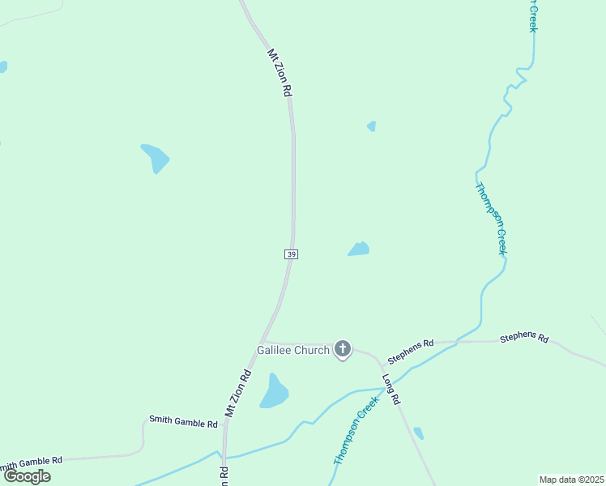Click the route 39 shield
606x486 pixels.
(x=292, y=254)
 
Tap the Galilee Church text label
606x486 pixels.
(x=293, y=351)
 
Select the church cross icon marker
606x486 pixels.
(x=343, y=349)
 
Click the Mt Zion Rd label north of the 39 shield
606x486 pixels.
(x=279, y=73)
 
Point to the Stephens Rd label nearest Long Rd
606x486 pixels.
(x=411, y=352)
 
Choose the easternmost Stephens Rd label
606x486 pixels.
(x=524, y=338)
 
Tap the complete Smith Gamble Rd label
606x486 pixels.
(x=183, y=421)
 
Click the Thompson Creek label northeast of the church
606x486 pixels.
(x=491, y=219)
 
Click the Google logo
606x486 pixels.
(x=27, y=475)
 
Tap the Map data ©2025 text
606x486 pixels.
(x=571, y=480)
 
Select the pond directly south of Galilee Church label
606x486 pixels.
(x=274, y=393)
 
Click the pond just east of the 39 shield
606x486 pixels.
(x=359, y=249)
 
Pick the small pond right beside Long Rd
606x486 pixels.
(x=418, y=433)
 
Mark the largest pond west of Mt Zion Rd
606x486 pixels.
(x=155, y=157)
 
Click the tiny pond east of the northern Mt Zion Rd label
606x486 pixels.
(x=372, y=126)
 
